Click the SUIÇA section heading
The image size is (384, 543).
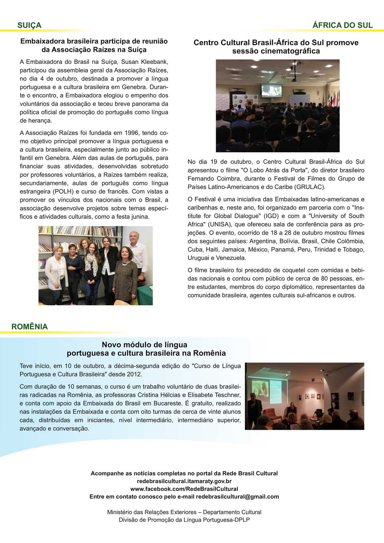pos(29,25)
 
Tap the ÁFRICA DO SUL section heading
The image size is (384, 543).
pos(342,25)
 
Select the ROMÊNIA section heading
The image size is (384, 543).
pos(29,327)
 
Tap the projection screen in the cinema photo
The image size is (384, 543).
pos(271,90)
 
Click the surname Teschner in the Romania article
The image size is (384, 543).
pos(227,395)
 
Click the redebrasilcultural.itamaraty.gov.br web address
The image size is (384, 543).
pos(184,481)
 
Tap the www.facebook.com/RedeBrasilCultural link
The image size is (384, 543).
pos(184,489)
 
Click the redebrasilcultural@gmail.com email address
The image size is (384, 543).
pos(237,497)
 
